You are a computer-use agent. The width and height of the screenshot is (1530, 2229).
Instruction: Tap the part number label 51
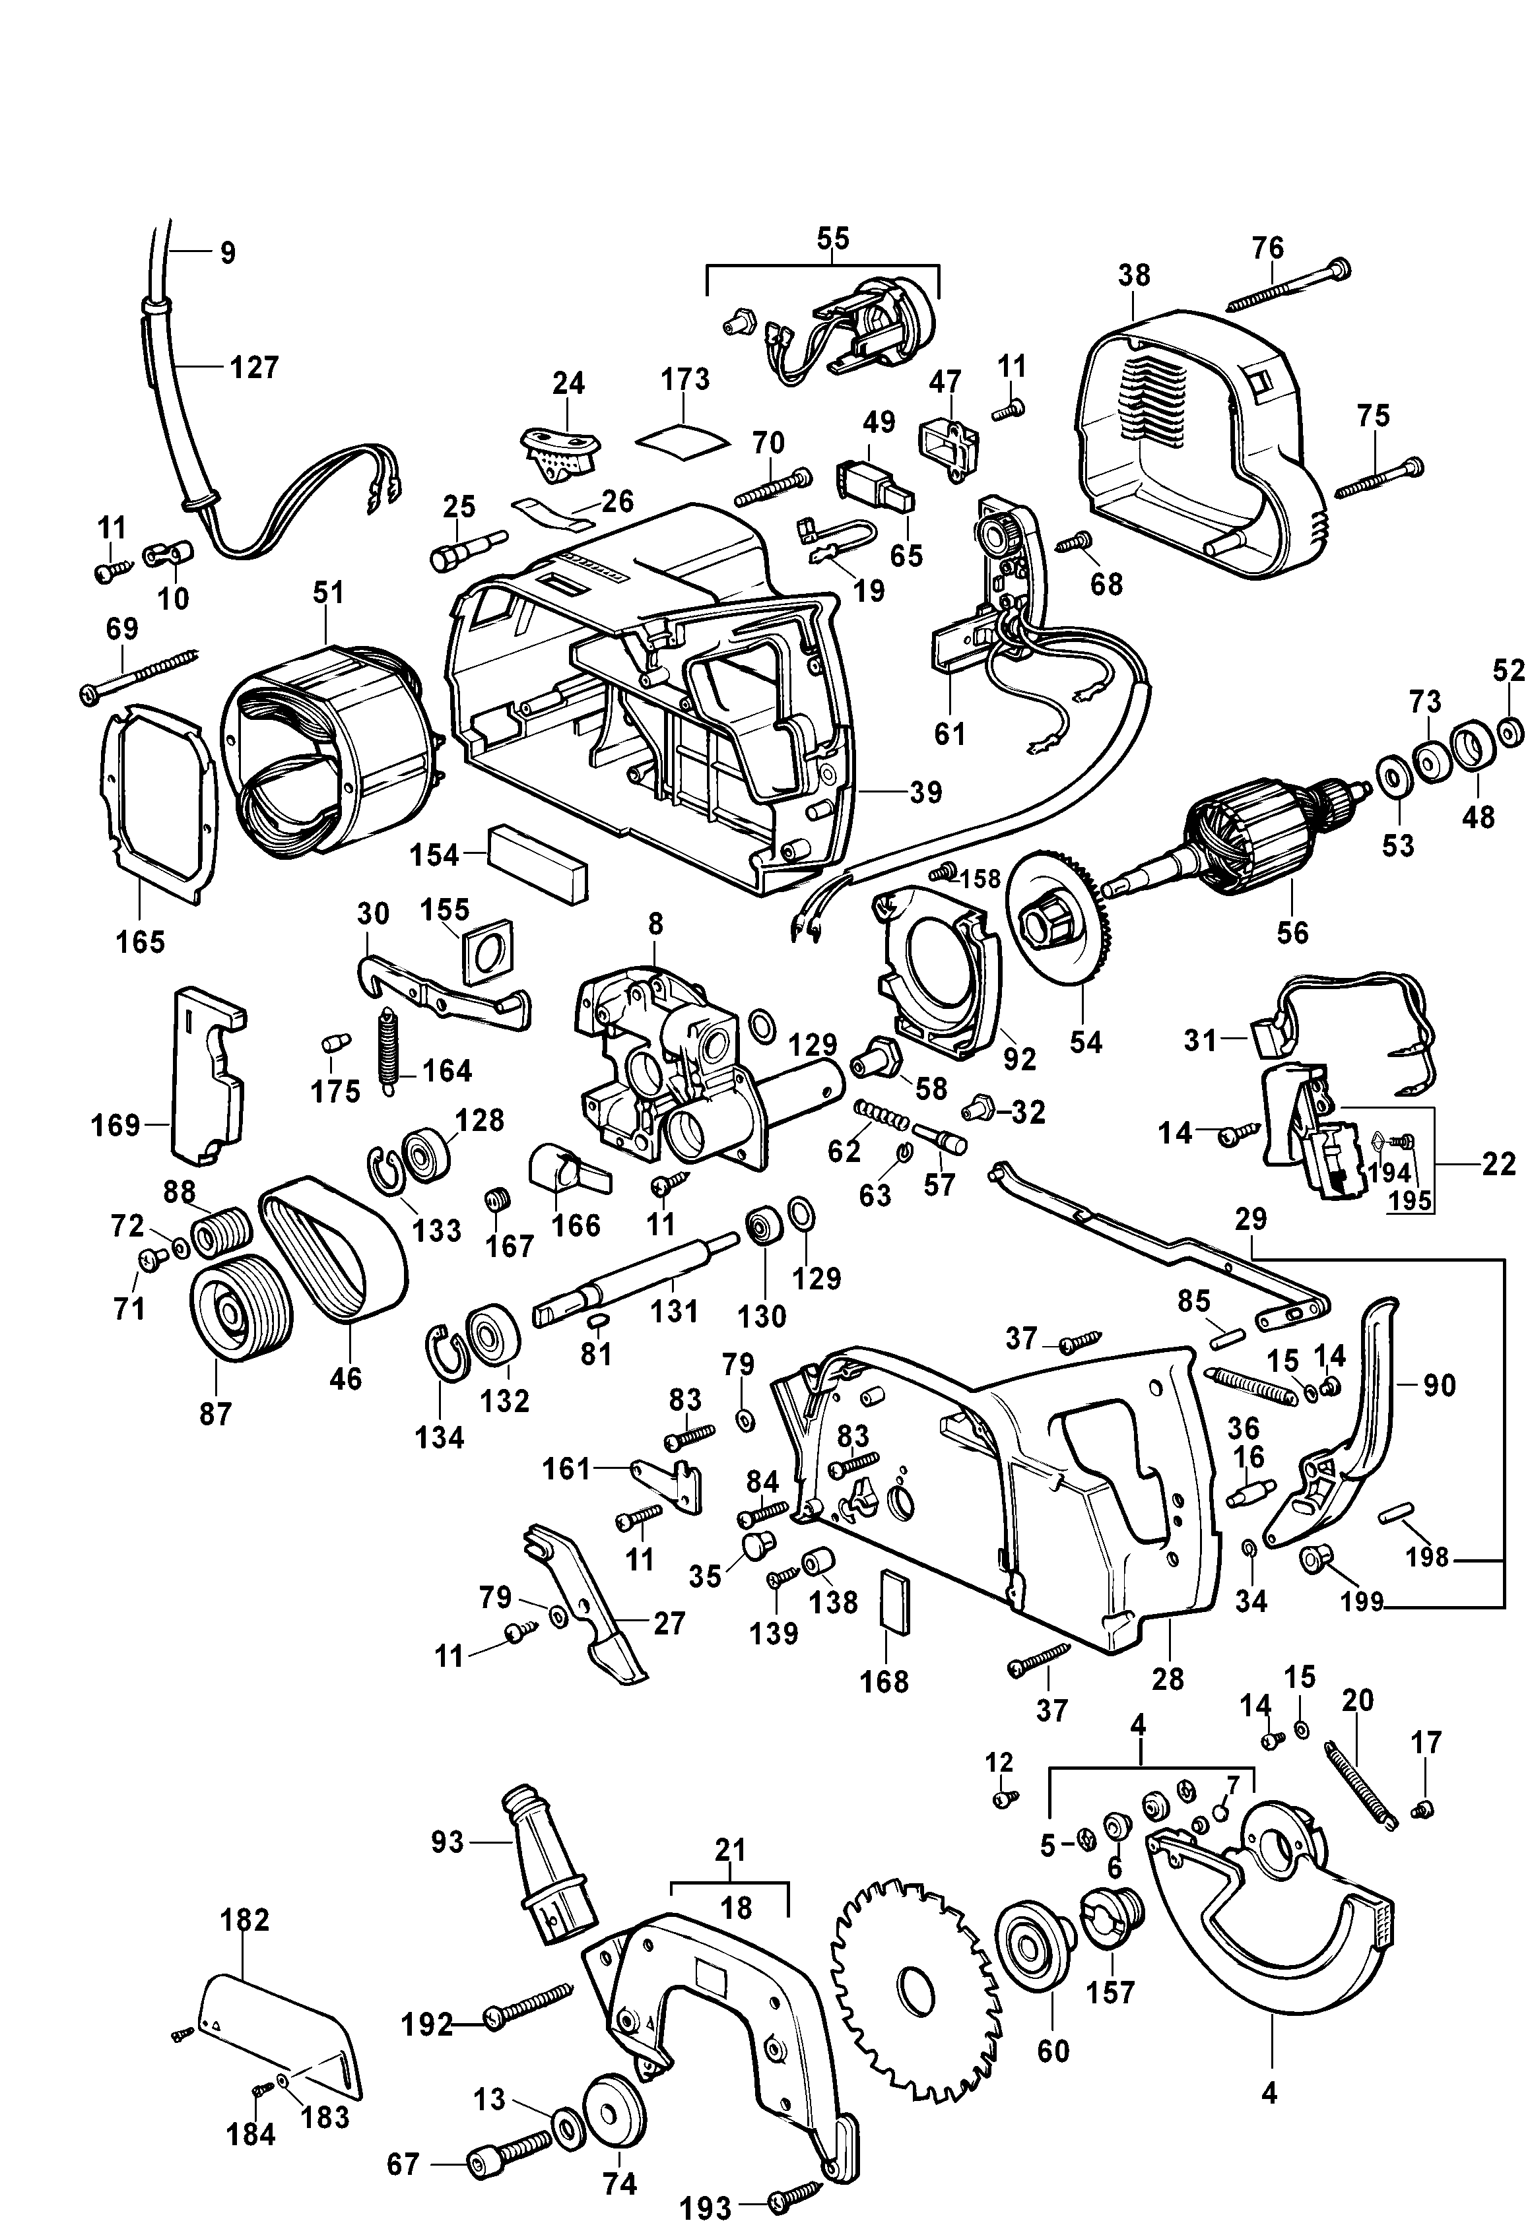click(327, 593)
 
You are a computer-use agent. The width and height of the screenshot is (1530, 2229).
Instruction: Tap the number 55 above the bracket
click(832, 238)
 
